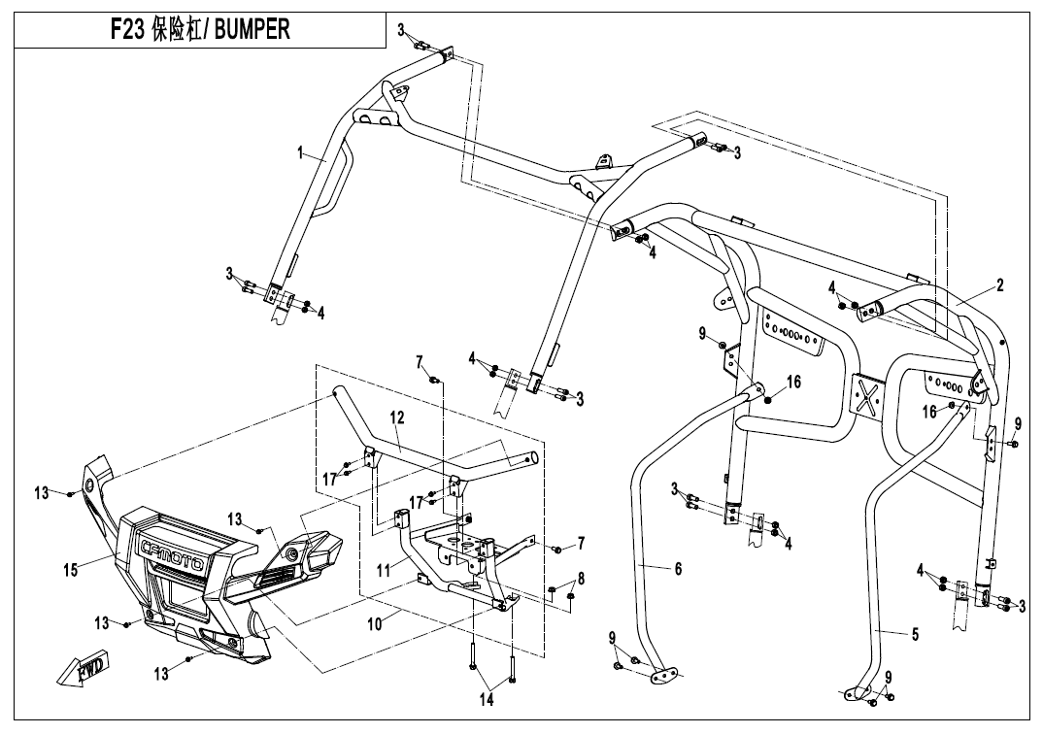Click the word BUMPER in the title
(x=251, y=29)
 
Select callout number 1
(x=301, y=152)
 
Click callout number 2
(x=999, y=285)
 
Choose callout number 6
(x=678, y=569)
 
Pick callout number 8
(x=581, y=579)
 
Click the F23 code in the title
(x=124, y=29)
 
